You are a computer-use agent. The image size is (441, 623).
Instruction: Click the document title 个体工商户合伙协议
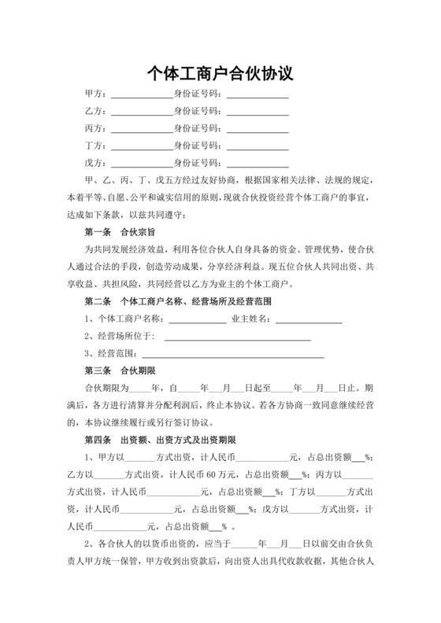click(x=220, y=74)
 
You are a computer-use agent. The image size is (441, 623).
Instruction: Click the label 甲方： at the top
click(x=95, y=94)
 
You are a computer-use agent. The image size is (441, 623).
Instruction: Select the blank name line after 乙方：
click(x=141, y=111)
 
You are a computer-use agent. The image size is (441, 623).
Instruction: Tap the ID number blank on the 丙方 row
click(x=257, y=128)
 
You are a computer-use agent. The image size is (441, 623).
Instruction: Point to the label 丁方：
click(x=95, y=146)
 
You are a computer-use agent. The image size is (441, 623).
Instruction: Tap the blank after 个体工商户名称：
click(x=198, y=319)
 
